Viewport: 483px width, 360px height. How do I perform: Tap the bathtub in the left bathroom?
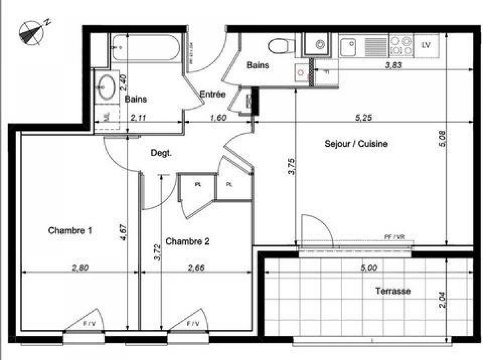point(145,47)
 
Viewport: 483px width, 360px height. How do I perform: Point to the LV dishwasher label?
point(426,45)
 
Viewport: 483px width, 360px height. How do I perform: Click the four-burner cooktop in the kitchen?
point(401,45)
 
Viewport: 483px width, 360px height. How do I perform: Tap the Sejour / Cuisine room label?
point(356,144)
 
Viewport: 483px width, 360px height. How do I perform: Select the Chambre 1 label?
point(70,230)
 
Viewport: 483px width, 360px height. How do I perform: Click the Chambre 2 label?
point(188,241)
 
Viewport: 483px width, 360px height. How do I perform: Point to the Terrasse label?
point(393,291)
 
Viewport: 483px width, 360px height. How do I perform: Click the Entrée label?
point(213,95)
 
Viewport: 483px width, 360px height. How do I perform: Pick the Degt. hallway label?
point(161,153)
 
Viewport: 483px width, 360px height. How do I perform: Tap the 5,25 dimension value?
point(364,118)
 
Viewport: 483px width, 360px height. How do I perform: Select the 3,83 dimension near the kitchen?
point(394,65)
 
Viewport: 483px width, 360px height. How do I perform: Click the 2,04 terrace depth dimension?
point(443,299)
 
